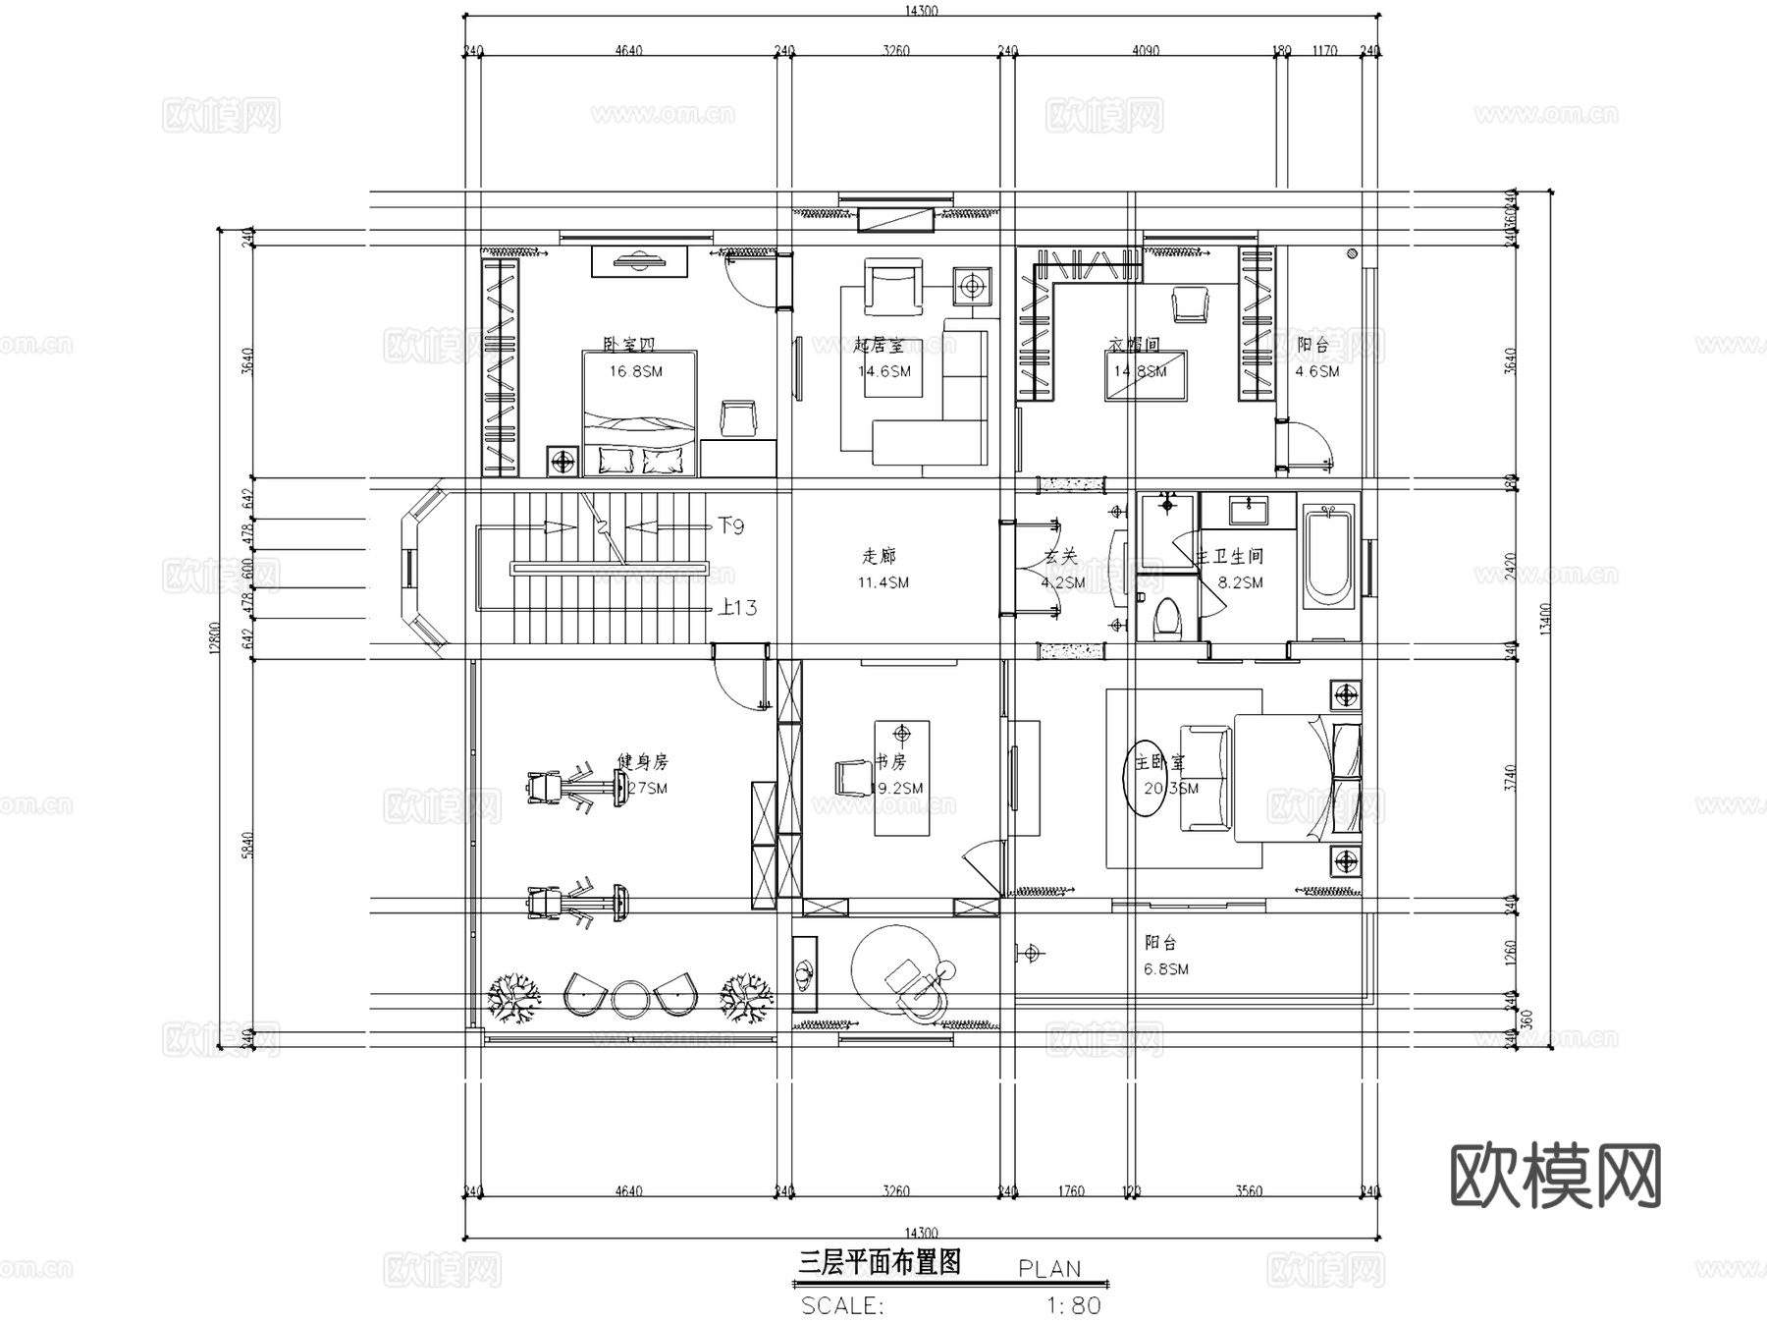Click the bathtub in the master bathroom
[1327, 556]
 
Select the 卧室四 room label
[628, 345]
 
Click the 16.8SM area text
[635, 371]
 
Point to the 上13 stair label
[737, 608]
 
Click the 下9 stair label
[730, 526]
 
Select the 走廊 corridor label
[879, 556]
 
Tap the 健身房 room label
[642, 761]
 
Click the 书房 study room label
[890, 761]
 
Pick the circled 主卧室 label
[1158, 763]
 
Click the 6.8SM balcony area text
[1166, 969]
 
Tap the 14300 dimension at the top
[921, 11]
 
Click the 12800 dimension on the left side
[213, 638]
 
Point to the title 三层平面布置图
[879, 1262]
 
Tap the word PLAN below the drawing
[1049, 1269]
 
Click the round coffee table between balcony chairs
[627, 997]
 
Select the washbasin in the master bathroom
[1248, 511]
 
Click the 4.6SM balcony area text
[1316, 371]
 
